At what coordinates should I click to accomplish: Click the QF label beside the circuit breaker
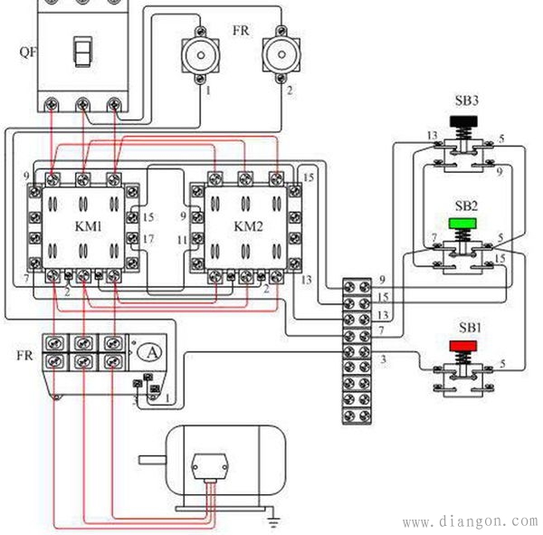tap(28, 51)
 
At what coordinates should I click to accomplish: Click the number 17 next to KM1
tap(149, 238)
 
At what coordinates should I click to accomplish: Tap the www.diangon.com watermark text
tap(469, 522)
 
